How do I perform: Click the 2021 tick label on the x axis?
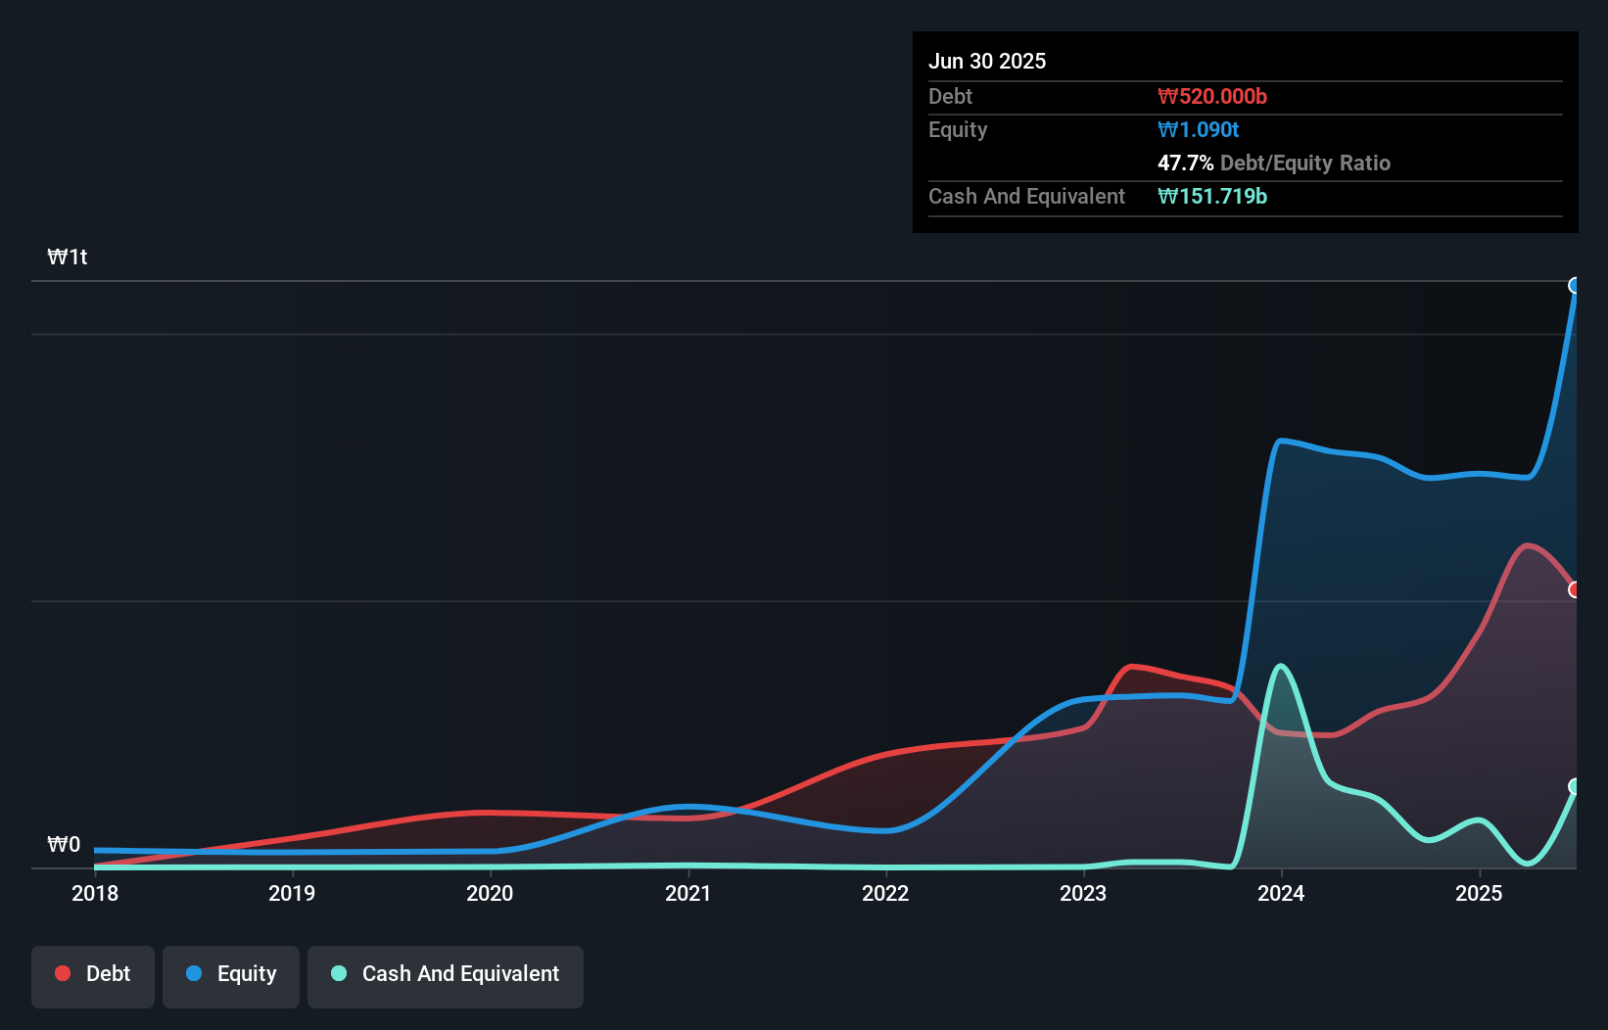687,893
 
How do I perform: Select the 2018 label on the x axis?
95,893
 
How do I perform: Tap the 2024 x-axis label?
1281,893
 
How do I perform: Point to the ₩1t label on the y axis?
68,257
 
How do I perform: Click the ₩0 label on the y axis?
64,845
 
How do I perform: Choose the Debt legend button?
93,974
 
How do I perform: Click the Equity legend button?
231,974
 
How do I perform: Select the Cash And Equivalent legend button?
446,974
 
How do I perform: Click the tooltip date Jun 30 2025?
987,61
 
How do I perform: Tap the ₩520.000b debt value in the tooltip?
1212,96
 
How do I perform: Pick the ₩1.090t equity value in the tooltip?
1199,129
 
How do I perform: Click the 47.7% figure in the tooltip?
1185,163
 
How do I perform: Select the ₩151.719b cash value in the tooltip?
1212,196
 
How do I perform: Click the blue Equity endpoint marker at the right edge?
1575,286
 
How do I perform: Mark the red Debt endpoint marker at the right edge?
1575,589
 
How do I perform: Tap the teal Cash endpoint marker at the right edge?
1575,786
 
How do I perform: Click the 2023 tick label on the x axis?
1083,893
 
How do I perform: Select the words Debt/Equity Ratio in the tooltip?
1305,163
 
